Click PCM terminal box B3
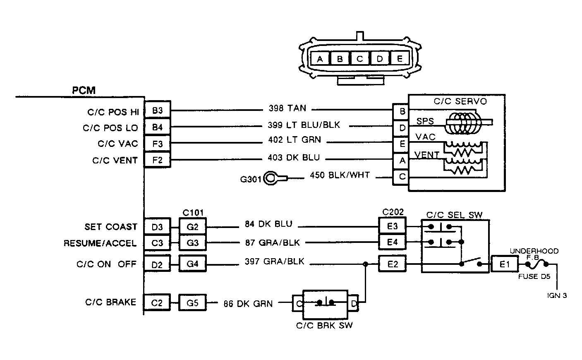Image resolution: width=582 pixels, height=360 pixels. [x=157, y=111]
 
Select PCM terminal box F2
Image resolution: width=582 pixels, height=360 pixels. [x=157, y=160]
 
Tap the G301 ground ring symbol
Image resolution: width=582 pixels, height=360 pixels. [x=271, y=178]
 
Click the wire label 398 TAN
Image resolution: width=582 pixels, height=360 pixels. [x=287, y=108]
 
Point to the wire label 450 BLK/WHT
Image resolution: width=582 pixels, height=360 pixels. [x=340, y=176]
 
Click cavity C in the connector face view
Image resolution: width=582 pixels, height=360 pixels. [x=359, y=59]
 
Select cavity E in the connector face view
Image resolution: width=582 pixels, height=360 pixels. [x=400, y=59]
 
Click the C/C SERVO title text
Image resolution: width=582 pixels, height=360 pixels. [x=460, y=101]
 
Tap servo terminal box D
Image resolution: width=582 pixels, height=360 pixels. [x=402, y=128]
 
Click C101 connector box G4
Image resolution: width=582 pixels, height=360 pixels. [x=193, y=264]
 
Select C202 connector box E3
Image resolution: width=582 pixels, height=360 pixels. [x=393, y=226]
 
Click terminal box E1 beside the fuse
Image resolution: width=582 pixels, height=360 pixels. [x=505, y=264]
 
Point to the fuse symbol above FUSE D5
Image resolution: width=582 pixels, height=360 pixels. [x=537, y=262]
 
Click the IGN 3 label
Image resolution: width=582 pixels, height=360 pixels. [x=556, y=295]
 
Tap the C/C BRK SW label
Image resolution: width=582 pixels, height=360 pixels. [x=324, y=325]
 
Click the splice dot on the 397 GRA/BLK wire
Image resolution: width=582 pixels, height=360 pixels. [x=366, y=264]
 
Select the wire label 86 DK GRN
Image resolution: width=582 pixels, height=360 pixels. [x=248, y=304]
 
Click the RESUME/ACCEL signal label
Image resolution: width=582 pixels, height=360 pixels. [x=100, y=243]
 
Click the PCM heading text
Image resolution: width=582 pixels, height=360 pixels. [x=84, y=90]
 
